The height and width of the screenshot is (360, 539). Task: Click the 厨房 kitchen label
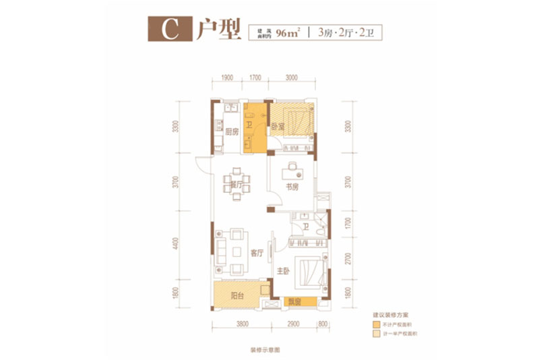click(x=232, y=132)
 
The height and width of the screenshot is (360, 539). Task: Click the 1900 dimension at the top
click(x=226, y=78)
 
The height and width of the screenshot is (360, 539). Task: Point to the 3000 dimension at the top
click(x=291, y=78)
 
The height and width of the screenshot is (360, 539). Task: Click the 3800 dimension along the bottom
click(x=243, y=325)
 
